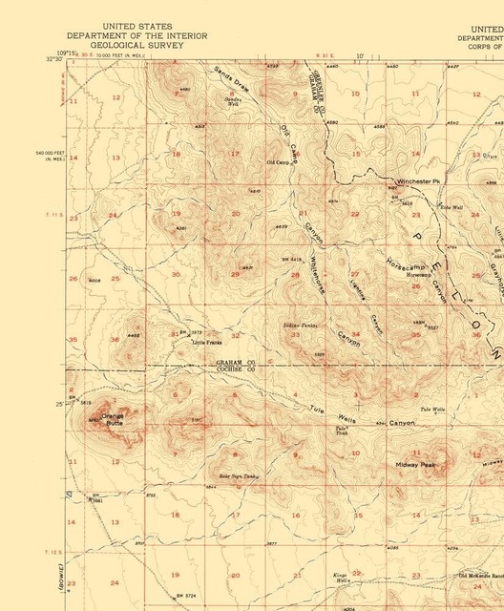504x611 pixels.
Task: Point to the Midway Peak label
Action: (415, 465)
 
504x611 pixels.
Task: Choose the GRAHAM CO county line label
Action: (235, 363)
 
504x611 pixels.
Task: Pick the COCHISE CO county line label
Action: (235, 370)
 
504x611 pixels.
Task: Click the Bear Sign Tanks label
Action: (239, 474)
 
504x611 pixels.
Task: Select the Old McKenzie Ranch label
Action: (480, 576)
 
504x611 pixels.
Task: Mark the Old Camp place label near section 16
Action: (278, 162)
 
